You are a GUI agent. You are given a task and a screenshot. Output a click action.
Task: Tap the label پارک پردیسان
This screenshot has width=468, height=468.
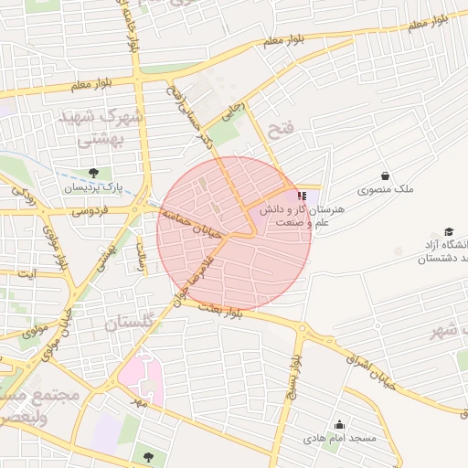point(92,187)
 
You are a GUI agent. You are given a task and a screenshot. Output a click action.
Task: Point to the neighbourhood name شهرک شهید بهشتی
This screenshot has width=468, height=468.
point(100,128)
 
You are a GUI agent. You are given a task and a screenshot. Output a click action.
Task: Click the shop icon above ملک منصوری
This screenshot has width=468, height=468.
point(385,175)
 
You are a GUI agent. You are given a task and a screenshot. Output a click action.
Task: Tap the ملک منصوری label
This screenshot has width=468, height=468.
point(385,190)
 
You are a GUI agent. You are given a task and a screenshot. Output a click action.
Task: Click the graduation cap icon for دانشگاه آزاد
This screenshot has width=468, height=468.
point(449,230)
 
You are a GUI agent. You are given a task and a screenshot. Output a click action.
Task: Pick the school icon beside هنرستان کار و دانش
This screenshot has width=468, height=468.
point(303,197)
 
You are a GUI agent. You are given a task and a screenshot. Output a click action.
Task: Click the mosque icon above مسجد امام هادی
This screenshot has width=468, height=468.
point(340,424)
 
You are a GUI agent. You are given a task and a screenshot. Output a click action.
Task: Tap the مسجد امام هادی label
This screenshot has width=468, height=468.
point(340,439)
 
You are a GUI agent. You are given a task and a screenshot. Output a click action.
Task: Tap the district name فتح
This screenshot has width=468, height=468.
point(281,129)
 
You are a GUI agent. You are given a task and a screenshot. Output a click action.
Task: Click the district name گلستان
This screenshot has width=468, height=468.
point(130,324)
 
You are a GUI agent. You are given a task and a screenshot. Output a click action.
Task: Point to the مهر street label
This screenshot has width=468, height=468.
point(139,400)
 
